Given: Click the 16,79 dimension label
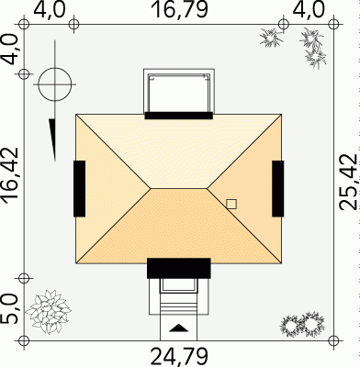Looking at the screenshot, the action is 180,9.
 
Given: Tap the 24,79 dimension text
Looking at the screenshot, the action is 180,356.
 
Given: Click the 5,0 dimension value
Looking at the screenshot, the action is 10,309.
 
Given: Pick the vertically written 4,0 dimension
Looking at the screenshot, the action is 10,50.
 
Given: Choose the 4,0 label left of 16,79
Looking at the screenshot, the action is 49,9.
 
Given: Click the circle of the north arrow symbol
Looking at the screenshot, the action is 55,68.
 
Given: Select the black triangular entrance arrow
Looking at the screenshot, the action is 178,328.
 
